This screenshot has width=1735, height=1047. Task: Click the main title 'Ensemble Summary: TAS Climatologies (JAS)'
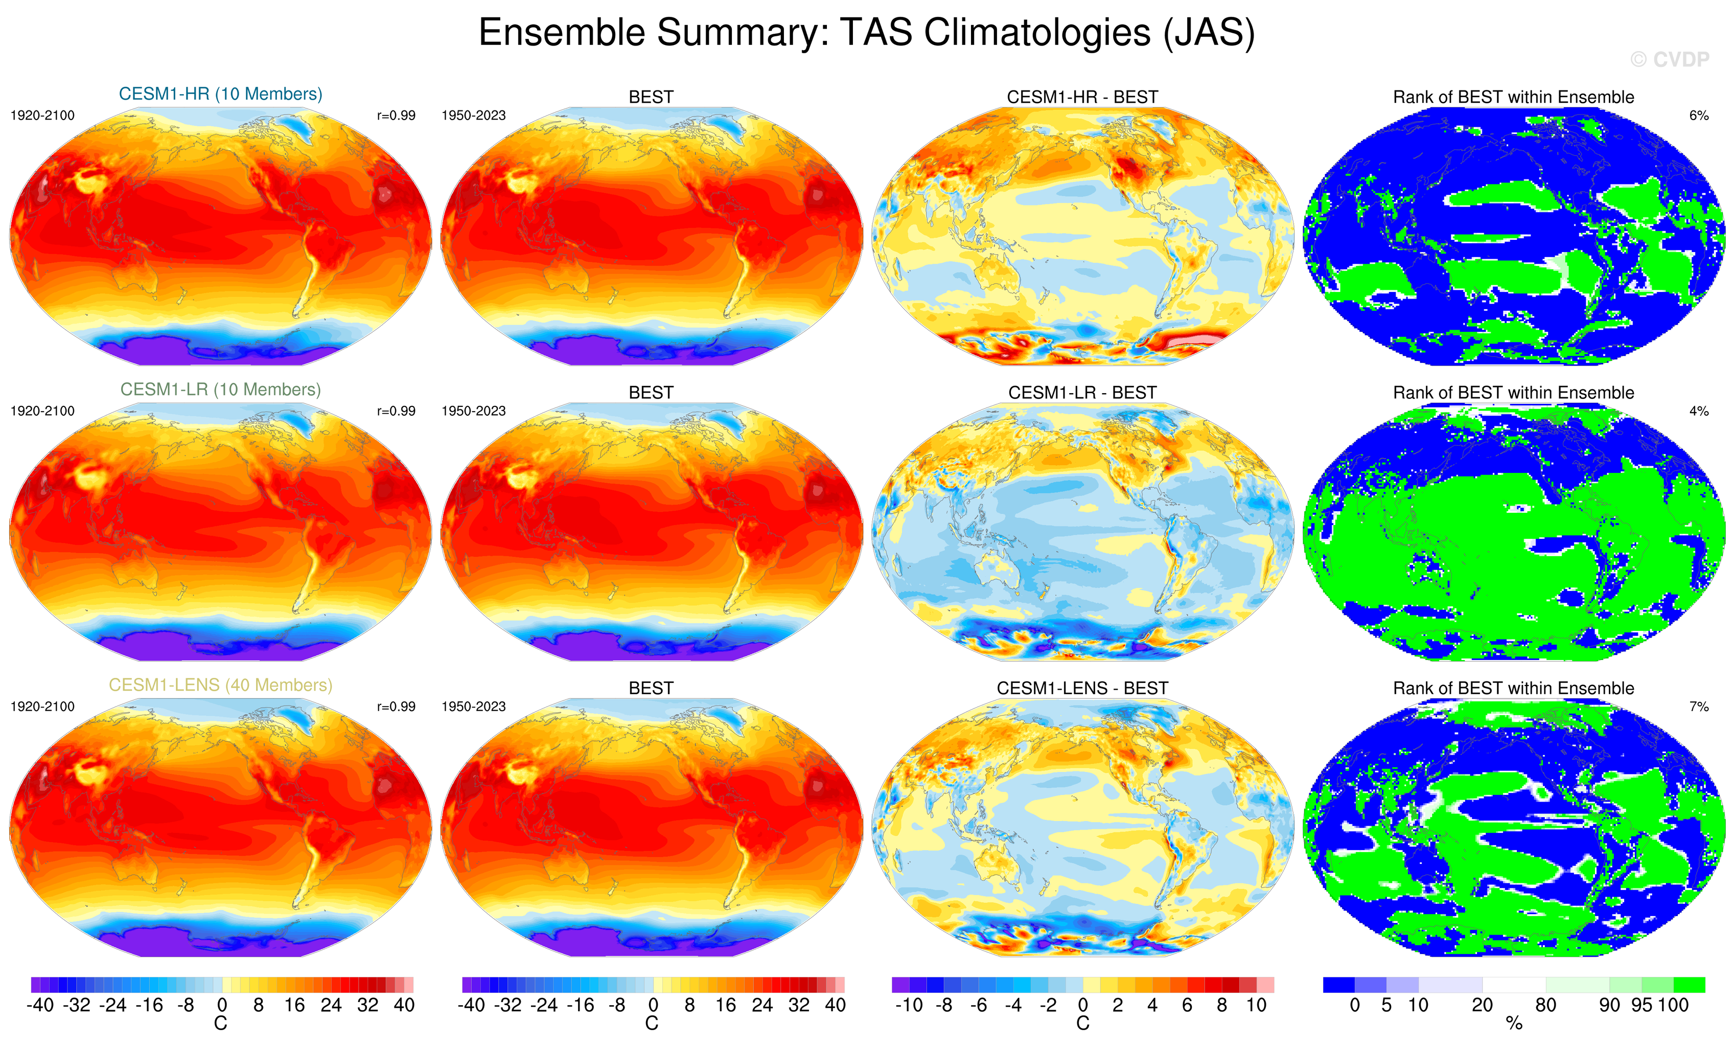866,33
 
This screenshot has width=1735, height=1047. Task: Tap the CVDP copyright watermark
1670,60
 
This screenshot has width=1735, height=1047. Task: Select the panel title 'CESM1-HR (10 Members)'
220,95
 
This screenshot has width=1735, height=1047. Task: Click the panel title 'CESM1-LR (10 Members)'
220,390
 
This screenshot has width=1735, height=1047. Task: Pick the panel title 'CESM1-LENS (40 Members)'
220,685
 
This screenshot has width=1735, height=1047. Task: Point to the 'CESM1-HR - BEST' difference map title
1082,97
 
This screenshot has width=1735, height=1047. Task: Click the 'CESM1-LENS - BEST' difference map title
1082,688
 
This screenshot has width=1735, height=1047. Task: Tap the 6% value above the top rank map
1698,116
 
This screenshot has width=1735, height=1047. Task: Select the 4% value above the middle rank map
1698,411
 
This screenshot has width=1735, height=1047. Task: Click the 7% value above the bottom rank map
1698,706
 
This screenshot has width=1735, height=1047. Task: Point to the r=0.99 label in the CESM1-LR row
396,411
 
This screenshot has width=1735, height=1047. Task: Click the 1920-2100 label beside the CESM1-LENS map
42,706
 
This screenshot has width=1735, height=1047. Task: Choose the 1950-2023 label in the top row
473,116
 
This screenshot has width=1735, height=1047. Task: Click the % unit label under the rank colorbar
1514,1024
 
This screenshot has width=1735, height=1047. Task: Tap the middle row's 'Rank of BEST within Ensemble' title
1513,393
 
